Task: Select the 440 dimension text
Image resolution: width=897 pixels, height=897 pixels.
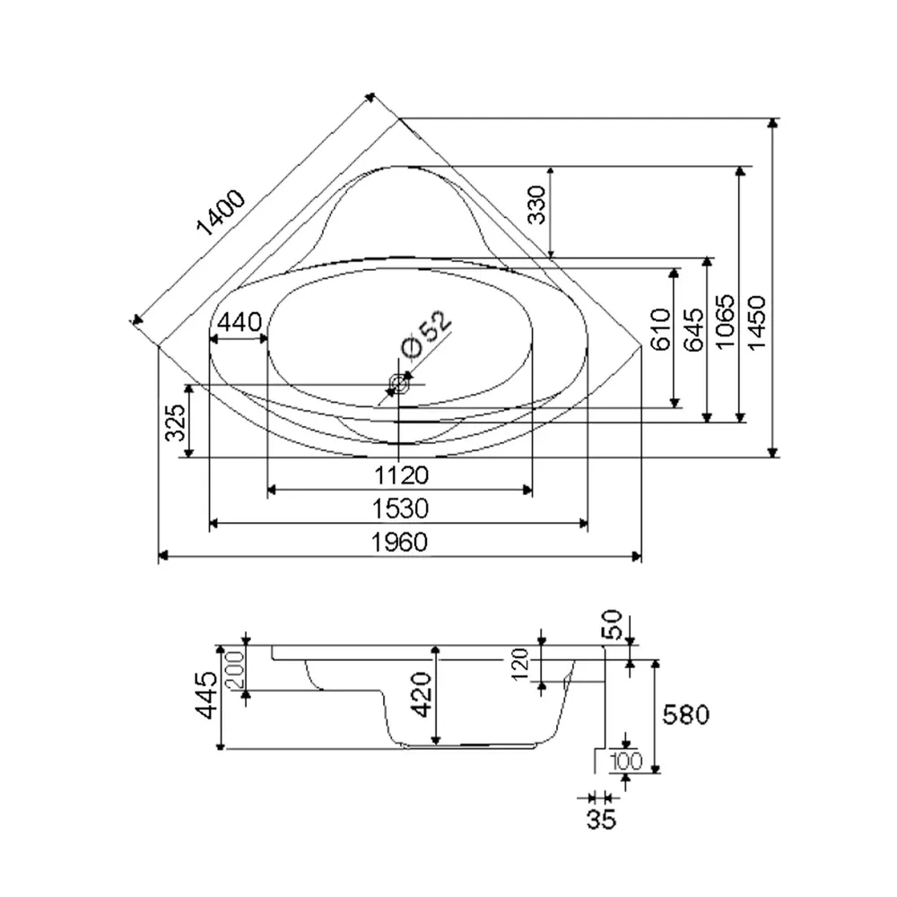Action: click(x=238, y=322)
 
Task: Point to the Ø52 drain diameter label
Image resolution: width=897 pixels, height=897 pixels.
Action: click(x=424, y=333)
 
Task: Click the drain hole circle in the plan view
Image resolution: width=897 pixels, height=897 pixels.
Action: click(x=398, y=384)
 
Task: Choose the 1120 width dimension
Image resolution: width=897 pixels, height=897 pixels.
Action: click(x=401, y=475)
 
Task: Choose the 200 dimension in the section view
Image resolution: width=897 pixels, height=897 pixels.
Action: click(x=235, y=669)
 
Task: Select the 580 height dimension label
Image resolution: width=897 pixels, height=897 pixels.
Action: click(x=685, y=714)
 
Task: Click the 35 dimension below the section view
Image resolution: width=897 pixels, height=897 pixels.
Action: click(x=600, y=818)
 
